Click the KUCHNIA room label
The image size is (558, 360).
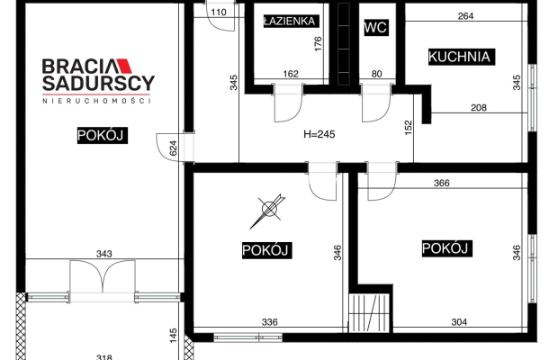(459, 57)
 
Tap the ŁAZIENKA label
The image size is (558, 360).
(290, 22)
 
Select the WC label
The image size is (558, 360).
(375, 27)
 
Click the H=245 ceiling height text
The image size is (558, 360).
(319, 134)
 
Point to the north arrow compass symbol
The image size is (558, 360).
(268, 211)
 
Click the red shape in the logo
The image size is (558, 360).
(123, 66)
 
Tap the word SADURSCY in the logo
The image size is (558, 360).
(98, 83)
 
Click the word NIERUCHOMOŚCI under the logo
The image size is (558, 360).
(96, 101)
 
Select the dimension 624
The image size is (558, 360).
(173, 148)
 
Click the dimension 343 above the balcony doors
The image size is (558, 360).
(103, 254)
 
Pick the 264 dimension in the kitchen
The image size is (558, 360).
(465, 16)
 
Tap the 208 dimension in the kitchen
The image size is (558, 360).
(478, 107)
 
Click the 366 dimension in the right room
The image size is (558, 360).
(442, 183)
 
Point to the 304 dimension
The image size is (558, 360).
(459, 322)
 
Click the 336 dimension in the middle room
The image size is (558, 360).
(269, 322)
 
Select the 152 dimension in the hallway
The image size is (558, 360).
(409, 128)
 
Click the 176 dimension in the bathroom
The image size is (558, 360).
(318, 44)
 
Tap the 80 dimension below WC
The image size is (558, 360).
(376, 74)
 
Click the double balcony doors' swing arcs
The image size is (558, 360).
(103, 275)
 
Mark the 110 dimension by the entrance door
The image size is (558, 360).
(219, 13)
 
